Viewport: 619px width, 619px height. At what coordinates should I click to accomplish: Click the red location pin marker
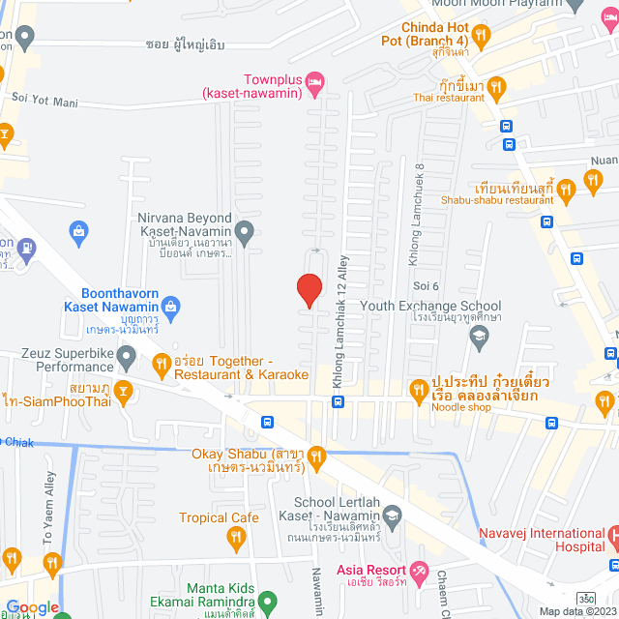pyautogui.click(x=309, y=290)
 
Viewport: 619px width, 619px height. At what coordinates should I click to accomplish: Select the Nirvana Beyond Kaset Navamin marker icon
pyautogui.click(x=245, y=230)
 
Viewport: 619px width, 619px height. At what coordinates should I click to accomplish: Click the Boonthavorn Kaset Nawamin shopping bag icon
pyautogui.click(x=171, y=308)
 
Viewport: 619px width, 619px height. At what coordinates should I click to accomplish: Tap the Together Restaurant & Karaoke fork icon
pyautogui.click(x=162, y=365)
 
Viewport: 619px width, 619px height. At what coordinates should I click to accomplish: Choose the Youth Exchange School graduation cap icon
pyautogui.click(x=478, y=336)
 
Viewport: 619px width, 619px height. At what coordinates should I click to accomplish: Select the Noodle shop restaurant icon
pyautogui.click(x=418, y=390)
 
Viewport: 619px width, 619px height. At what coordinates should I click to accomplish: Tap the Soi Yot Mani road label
pyautogui.click(x=44, y=98)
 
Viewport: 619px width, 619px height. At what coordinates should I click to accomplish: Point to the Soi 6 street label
pyautogui.click(x=427, y=286)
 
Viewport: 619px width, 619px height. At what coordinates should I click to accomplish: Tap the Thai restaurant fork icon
pyautogui.click(x=495, y=89)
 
